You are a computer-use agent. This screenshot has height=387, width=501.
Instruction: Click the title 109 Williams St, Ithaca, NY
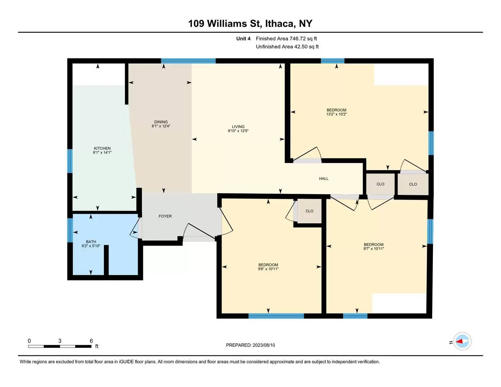click(x=250, y=24)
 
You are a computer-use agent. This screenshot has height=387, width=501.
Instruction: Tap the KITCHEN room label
click(x=102, y=148)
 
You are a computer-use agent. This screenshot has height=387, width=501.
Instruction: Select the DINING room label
click(x=161, y=122)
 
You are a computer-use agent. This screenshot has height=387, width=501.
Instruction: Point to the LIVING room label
click(x=238, y=127)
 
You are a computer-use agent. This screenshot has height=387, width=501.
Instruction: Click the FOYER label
click(x=165, y=216)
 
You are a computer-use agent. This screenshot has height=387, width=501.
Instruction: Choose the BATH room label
click(x=91, y=242)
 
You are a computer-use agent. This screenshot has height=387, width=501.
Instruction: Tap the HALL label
click(x=324, y=178)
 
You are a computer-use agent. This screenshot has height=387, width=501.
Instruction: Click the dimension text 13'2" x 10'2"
click(x=337, y=114)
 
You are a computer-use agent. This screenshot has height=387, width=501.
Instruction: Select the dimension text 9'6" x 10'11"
click(x=268, y=269)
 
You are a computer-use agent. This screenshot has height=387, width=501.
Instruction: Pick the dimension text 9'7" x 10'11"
click(x=373, y=249)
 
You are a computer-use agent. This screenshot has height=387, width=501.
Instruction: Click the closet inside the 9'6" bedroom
click(x=309, y=211)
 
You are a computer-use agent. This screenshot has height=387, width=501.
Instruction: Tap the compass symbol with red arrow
click(x=462, y=341)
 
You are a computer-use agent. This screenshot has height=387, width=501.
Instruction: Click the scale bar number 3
click(x=60, y=341)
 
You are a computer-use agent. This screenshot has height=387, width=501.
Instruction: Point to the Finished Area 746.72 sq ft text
click(x=286, y=39)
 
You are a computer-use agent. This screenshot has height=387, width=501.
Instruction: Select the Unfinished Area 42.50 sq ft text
click(x=287, y=47)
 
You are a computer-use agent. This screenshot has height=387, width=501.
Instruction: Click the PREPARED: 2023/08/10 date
click(x=251, y=345)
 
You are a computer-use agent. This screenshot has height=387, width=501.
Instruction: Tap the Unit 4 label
click(x=243, y=39)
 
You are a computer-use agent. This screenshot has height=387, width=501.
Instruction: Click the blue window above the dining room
click(x=188, y=61)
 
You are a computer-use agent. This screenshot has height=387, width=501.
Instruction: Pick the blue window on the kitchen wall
click(x=70, y=161)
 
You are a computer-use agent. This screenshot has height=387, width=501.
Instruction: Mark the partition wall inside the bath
click(x=106, y=260)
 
